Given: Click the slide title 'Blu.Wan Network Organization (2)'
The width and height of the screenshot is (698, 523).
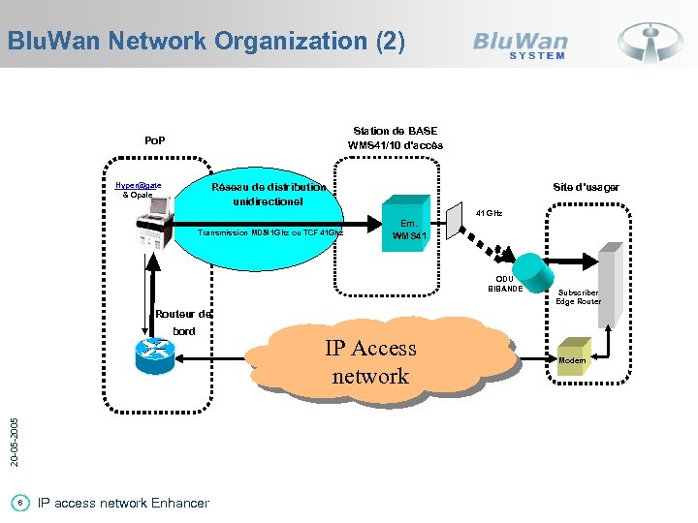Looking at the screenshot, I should [205, 41].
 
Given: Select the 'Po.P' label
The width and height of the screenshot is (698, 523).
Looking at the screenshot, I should [154, 140].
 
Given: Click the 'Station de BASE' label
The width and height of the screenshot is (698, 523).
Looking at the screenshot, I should [396, 130].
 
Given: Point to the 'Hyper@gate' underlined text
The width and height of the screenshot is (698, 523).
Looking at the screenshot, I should [138, 184].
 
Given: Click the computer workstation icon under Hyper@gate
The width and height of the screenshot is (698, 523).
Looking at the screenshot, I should [152, 223].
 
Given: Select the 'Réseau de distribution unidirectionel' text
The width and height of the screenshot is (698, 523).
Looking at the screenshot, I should [269, 194].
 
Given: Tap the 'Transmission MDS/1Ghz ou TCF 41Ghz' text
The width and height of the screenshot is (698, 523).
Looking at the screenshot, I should [270, 232].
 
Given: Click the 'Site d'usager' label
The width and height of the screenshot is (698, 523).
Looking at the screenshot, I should [586, 186].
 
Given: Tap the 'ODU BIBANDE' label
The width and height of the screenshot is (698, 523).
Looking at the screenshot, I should [505, 284].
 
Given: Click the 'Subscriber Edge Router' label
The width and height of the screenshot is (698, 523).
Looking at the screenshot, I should [579, 296].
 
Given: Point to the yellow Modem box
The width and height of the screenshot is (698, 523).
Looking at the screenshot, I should [571, 360].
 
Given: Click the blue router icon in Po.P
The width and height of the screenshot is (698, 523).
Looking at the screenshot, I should [153, 356].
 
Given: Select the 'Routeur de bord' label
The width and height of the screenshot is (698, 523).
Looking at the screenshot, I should [182, 322].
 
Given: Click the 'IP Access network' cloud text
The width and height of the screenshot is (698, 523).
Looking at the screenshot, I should [369, 361].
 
